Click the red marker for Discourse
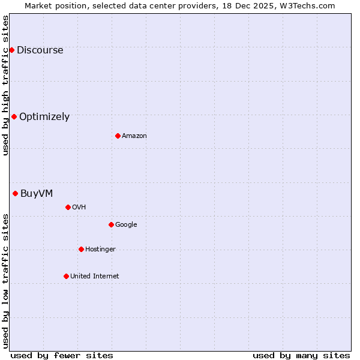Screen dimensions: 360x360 (x=11, y=50)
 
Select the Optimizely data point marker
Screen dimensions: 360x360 (x=14, y=116)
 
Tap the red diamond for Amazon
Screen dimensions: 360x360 (x=118, y=136)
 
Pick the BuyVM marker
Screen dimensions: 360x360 (x=15, y=193)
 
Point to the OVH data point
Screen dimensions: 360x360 (x=68, y=207)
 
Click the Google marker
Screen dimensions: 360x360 (x=111, y=224)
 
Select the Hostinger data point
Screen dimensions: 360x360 (x=81, y=249)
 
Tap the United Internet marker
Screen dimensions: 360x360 (x=66, y=276)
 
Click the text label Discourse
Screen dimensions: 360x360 (x=40, y=50)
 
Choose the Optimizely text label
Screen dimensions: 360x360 (x=44, y=116)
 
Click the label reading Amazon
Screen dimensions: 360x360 (x=134, y=136)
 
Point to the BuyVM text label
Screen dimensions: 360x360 (x=37, y=193)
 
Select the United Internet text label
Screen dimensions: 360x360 (x=94, y=276)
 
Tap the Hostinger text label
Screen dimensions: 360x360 (x=100, y=249)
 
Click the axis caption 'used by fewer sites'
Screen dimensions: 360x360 (x=62, y=355)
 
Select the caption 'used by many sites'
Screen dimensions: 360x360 (x=301, y=355)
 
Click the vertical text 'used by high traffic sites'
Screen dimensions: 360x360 (x=5, y=85)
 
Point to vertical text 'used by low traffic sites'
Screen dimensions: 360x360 (x=5, y=281)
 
